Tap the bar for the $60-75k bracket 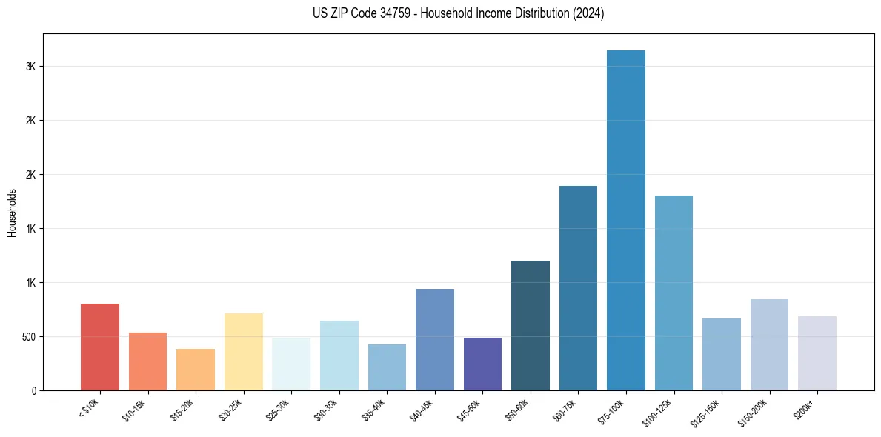click(x=578, y=288)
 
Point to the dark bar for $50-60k click(x=531, y=325)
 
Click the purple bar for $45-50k click(x=482, y=364)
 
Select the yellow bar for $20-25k click(x=244, y=352)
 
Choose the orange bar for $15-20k click(x=196, y=370)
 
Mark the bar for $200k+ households click(x=817, y=353)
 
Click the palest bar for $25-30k click(x=291, y=364)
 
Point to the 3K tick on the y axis click(x=30, y=67)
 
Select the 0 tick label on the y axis click(x=33, y=391)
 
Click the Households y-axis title click(x=12, y=213)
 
